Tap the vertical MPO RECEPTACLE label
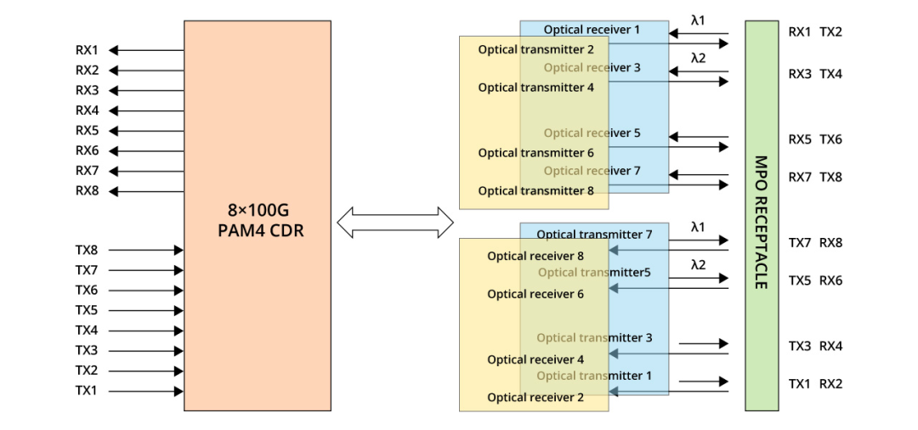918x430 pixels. [x=761, y=222]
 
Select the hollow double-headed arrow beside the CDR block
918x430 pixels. [x=395, y=223]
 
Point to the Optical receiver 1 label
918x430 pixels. [x=592, y=30]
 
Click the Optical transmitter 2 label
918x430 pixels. [x=535, y=50]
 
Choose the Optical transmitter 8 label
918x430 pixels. [x=535, y=191]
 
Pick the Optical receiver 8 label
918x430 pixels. [x=535, y=256]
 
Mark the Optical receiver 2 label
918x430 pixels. [x=535, y=398]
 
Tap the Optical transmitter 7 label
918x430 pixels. [x=594, y=235]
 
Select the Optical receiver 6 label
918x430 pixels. [x=535, y=294]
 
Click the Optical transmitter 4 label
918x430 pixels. [x=535, y=88]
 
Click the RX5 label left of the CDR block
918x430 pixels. [x=87, y=131]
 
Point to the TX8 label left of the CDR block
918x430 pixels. [x=87, y=251]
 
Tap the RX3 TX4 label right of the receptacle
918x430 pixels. [x=815, y=74]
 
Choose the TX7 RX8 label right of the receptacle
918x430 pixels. [x=815, y=243]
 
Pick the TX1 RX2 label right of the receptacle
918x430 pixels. [x=815, y=384]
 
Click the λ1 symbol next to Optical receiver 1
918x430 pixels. [x=698, y=20]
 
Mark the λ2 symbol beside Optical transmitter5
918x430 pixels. [x=698, y=265]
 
